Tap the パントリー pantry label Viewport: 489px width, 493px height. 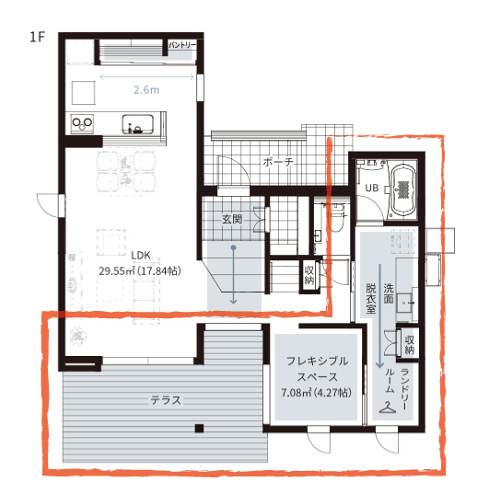pos(180,44)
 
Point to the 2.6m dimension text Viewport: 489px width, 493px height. pos(146,90)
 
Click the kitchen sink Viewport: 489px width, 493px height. pos(141,125)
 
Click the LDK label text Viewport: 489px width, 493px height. pos(140,256)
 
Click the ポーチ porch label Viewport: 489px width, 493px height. pos(277,162)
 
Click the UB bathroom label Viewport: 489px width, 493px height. pos(372,189)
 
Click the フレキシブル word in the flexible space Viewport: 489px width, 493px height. pos(317,361)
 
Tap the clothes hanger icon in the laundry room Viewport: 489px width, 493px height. pos(390,406)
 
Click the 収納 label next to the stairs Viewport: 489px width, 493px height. pos(309,275)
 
